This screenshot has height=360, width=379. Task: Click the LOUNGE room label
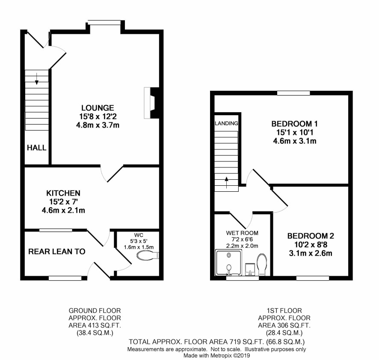point(98,108)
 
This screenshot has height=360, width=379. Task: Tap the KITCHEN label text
point(63,193)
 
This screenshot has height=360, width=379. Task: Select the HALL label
point(36,148)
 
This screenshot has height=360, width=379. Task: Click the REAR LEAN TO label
point(57,252)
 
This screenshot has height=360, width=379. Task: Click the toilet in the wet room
point(262,265)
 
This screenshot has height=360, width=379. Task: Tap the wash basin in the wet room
point(250,270)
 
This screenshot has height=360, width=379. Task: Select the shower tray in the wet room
point(228,263)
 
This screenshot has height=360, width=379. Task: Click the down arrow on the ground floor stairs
point(36,79)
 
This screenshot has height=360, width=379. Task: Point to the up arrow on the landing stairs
point(226,182)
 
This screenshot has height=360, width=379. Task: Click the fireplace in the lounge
point(151,103)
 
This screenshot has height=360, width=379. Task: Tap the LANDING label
point(226,123)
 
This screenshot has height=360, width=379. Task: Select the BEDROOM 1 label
point(294,124)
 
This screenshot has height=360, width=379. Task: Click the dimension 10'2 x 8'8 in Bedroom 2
point(311,244)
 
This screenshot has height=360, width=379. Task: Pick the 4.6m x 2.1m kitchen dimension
point(63,211)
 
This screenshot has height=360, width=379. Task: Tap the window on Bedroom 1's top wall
point(293,93)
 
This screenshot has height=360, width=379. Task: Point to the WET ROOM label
point(242,233)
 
